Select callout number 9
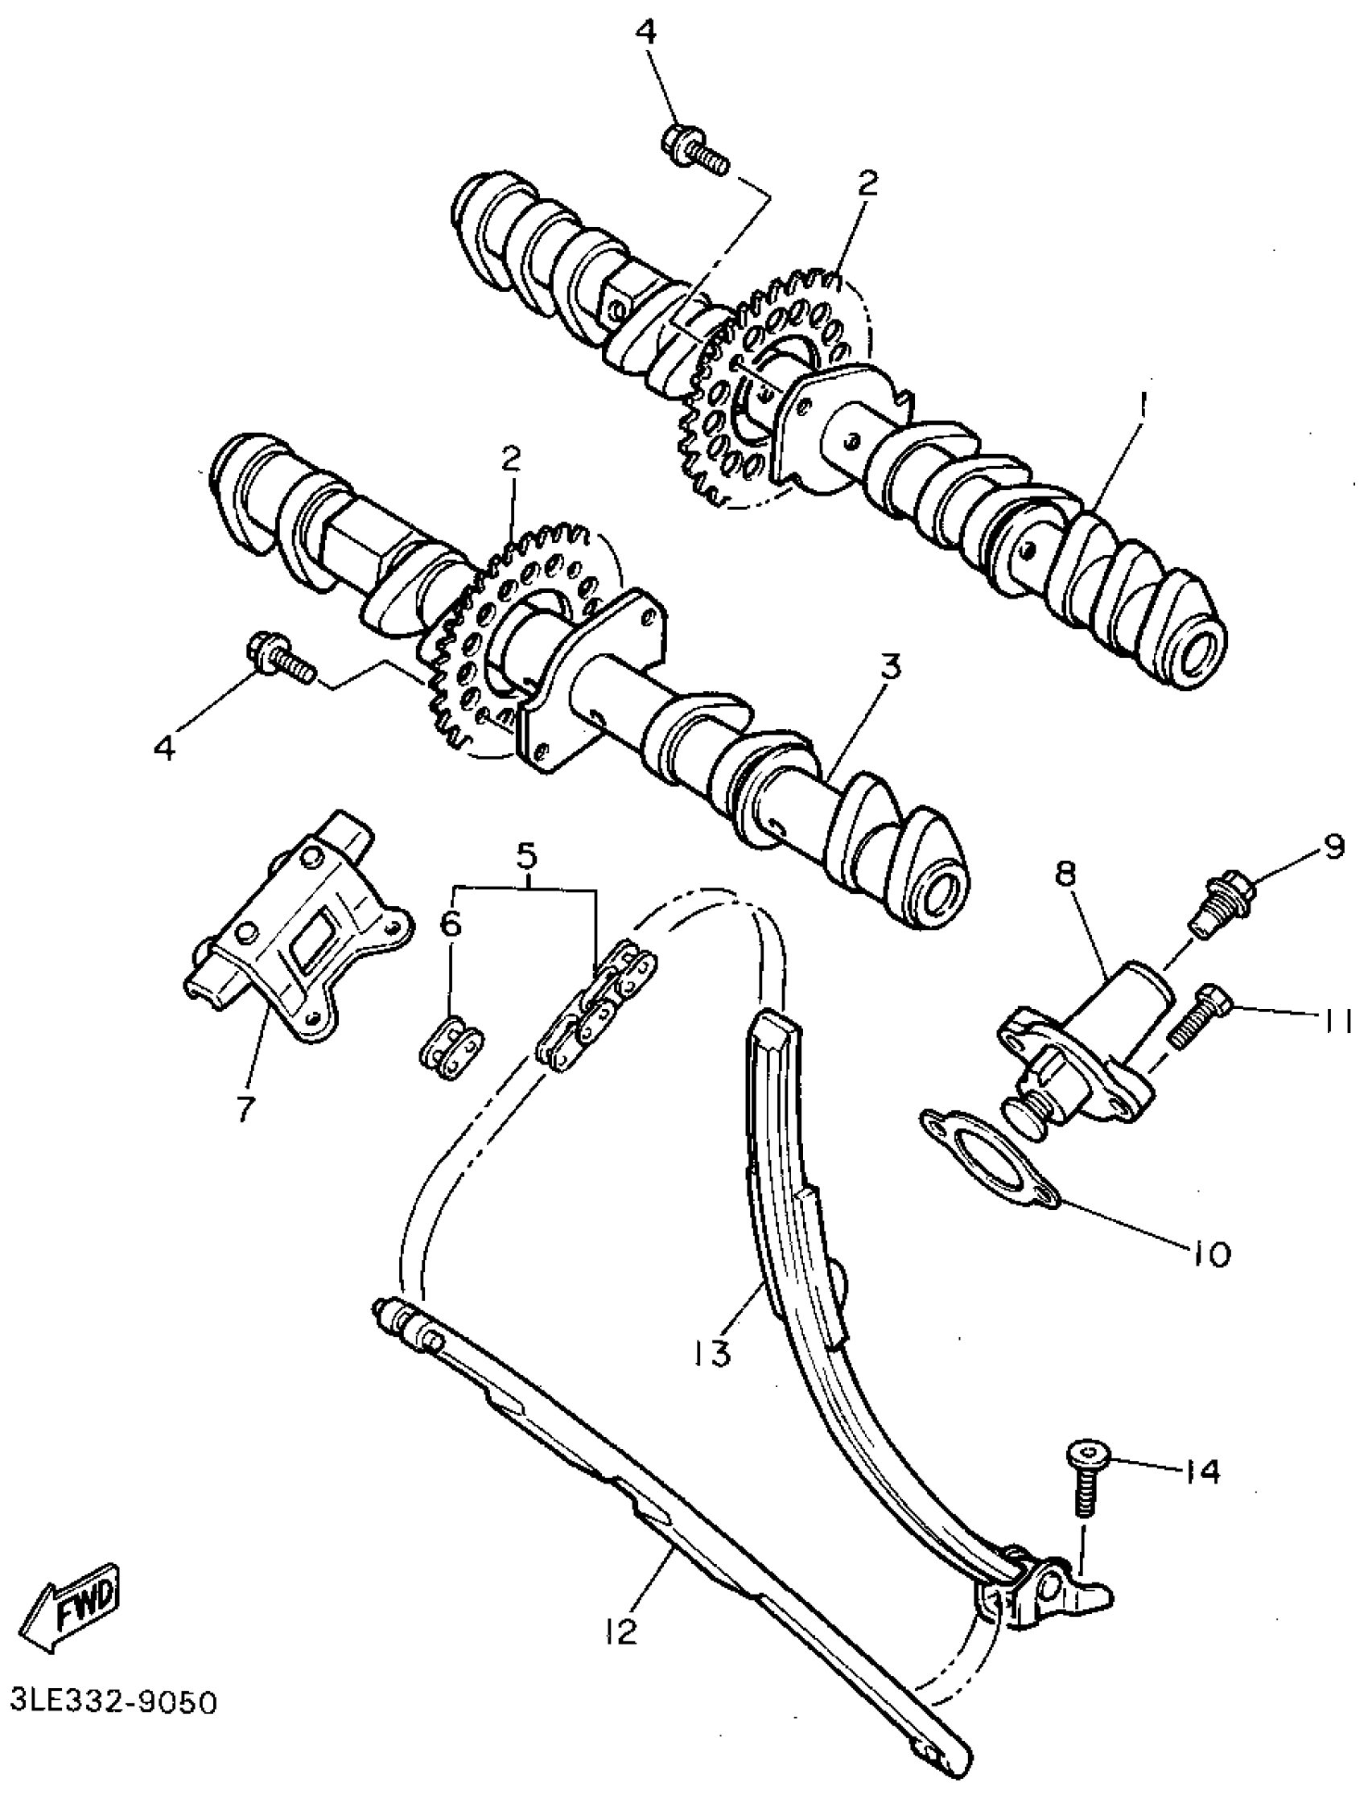(1332, 848)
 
